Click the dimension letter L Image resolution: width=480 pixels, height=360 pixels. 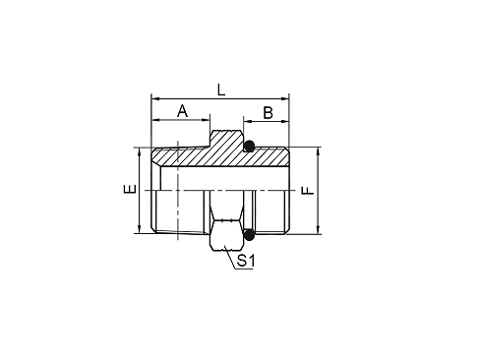click(x=221, y=90)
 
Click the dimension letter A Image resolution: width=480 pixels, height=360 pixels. click(x=182, y=111)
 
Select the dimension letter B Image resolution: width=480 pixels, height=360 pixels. click(x=268, y=113)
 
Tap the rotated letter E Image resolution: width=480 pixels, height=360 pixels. click(x=130, y=189)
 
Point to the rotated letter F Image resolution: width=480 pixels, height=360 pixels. click(x=308, y=191)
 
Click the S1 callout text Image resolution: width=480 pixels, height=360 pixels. click(x=246, y=261)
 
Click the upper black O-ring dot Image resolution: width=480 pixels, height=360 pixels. click(x=250, y=146)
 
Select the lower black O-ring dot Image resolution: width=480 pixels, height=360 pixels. click(x=250, y=235)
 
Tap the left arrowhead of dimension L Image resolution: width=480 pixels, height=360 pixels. click(x=154, y=98)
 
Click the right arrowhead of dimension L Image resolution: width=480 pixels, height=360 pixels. click(x=285, y=98)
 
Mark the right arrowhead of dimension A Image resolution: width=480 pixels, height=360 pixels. click(x=207, y=120)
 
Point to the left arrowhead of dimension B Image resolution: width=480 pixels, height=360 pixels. click(x=247, y=122)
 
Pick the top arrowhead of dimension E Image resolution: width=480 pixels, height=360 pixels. click(x=140, y=151)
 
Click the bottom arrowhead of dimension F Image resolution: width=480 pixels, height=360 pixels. click(x=319, y=230)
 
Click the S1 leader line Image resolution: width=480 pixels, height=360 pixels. click(x=230, y=258)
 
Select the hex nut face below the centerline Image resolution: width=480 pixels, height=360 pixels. click(x=226, y=235)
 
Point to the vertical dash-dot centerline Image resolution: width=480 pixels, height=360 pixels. click(x=178, y=190)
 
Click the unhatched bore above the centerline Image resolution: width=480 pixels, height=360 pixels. click(x=224, y=179)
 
